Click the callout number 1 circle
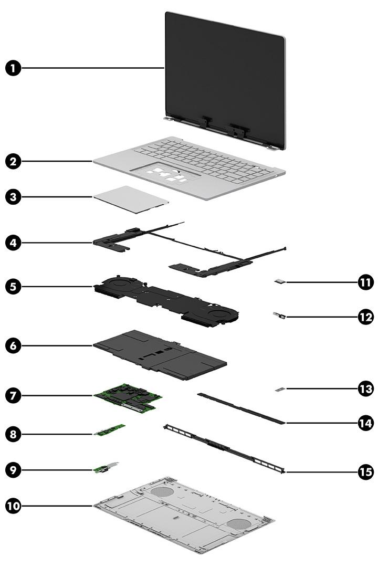(x=14, y=68)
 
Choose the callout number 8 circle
(x=14, y=434)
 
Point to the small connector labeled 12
(x=279, y=316)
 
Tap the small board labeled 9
(x=108, y=468)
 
